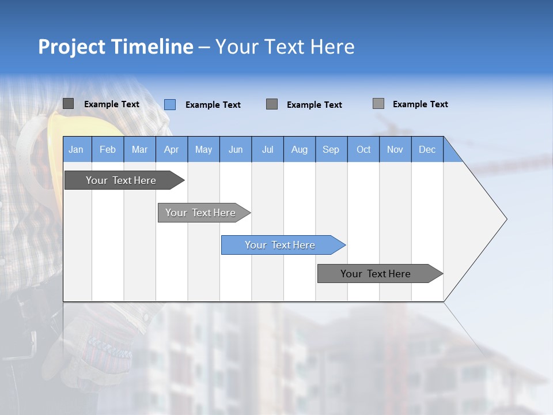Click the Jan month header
(76, 149)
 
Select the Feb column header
(108, 149)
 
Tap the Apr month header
(171, 149)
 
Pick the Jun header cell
(235, 149)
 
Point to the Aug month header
(299, 149)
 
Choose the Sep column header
(331, 149)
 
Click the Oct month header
(363, 149)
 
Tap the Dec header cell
(427, 149)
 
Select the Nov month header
(395, 149)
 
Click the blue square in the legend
(170, 104)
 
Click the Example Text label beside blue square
(213, 105)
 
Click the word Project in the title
(72, 47)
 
